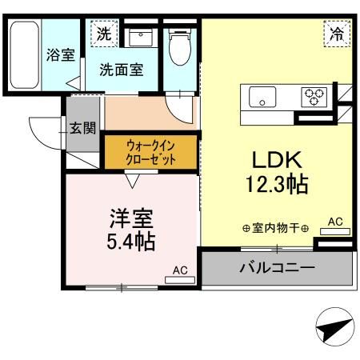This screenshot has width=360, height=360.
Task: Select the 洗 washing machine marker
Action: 104,34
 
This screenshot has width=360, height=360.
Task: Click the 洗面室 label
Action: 122,70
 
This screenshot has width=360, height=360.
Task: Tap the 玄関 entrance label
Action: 82,128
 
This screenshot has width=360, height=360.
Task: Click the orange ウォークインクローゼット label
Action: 150,151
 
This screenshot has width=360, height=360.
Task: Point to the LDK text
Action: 275,157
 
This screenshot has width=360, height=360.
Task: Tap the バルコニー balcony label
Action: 277,267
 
